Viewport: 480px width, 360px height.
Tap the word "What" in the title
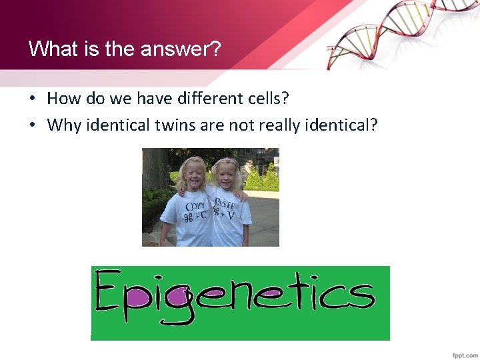click(46, 49)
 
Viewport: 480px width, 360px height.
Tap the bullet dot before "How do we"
click(32, 99)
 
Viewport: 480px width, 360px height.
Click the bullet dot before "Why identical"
click(32, 125)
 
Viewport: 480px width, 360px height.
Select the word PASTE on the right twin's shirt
click(225, 203)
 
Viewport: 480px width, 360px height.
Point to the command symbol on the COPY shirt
click(189, 219)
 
